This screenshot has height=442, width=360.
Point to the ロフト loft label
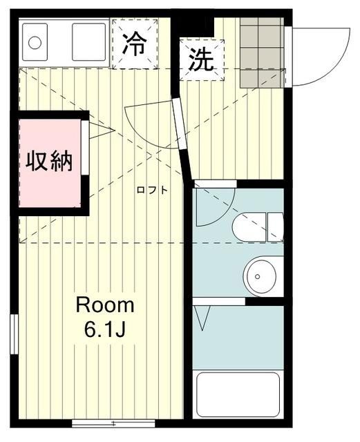point(151,190)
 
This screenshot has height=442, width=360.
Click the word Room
point(104,305)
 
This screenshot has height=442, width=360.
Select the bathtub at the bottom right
point(238,394)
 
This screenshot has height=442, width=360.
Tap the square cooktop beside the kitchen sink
point(88,43)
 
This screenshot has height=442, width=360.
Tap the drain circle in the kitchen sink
point(34,42)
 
